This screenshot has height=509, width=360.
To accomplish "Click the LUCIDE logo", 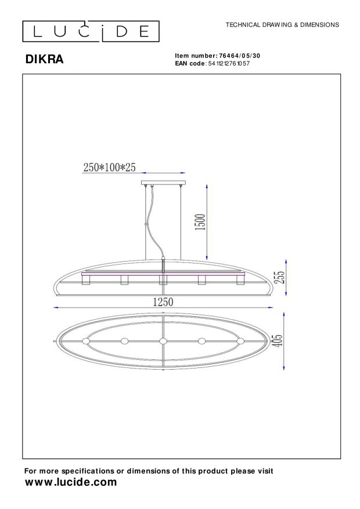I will pos(91,31).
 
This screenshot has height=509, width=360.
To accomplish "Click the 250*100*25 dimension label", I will pos(110,168).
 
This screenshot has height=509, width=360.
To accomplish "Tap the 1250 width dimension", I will pos(163,302).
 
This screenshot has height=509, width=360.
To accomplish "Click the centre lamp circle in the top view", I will pos(163,341).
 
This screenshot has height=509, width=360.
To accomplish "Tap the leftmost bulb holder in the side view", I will pos(86,280).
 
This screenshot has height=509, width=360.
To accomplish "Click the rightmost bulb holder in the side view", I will pos(240,280).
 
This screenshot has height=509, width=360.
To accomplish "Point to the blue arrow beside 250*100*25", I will pos(163,173).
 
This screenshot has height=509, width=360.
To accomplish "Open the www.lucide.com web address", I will pos(71,482).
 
